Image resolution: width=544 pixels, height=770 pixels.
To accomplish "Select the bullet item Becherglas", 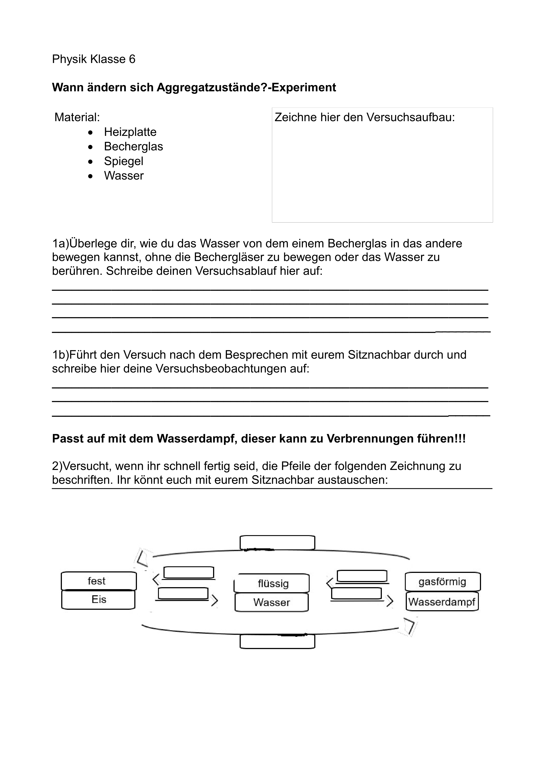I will tap(133, 147).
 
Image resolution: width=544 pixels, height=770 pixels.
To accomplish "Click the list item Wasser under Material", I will tap(124, 176).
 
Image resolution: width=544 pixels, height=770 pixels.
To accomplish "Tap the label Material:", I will tap(77, 117).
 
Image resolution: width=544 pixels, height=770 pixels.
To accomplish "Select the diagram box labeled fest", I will tap(99, 581).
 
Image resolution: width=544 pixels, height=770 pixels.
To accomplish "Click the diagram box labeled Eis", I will tap(99, 599).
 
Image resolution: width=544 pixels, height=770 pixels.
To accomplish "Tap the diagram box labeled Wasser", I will tap(271, 602).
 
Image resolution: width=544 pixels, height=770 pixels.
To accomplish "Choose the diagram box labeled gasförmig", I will tap(442, 581).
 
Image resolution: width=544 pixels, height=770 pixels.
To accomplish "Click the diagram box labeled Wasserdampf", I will tap(442, 602).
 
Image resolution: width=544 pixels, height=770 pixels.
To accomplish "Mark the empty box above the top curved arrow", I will tap(277, 542).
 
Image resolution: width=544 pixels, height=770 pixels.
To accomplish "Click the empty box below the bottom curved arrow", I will tap(277, 642).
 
